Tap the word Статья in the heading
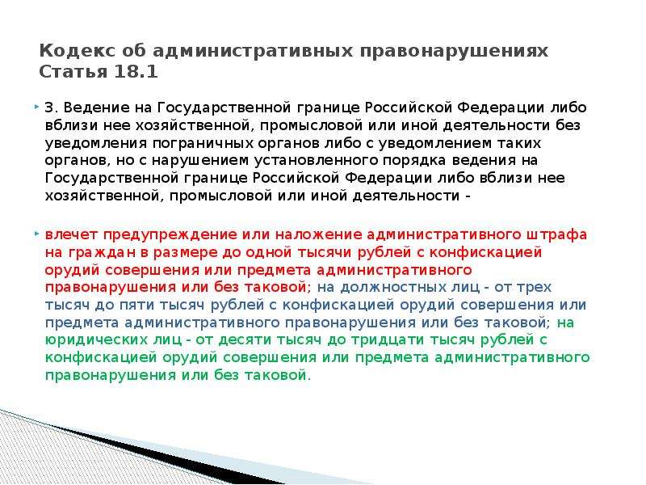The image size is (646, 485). [x=73, y=72]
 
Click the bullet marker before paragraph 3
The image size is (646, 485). [x=36, y=107]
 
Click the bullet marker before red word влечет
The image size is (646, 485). [x=36, y=234]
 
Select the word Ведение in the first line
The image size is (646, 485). [x=97, y=108]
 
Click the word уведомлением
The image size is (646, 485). [x=435, y=144]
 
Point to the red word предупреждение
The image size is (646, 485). [x=170, y=235]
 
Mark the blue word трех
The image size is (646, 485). [x=535, y=288]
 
